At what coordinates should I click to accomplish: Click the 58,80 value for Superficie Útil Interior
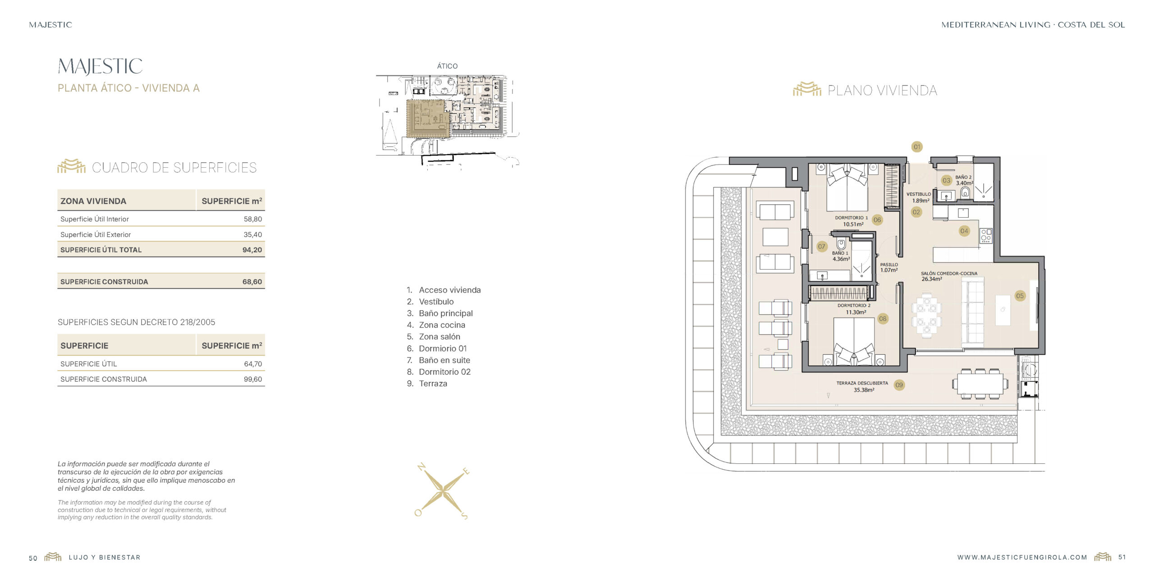[x=252, y=219]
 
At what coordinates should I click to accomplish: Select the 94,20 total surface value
[x=252, y=250]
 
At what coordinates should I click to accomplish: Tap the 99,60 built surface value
[x=252, y=379]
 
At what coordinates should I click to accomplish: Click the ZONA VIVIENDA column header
[x=93, y=201]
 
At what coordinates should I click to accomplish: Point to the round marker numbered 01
[x=917, y=147]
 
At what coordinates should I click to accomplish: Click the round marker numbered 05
[x=1020, y=296]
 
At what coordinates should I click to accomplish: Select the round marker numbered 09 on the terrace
[x=899, y=385]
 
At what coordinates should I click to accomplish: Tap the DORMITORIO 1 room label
[x=852, y=218]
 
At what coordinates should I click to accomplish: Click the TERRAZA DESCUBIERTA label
[x=862, y=383]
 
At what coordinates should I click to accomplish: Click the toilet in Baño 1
[x=841, y=244]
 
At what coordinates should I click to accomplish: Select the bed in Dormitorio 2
[x=854, y=342]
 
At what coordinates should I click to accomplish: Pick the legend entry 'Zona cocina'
[x=442, y=325]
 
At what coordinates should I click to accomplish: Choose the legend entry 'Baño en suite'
[x=444, y=360]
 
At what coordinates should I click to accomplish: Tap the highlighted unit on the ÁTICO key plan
[x=428, y=118]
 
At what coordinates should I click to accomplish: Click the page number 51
[x=1122, y=557]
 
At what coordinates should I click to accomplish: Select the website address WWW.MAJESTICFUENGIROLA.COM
[x=1022, y=558]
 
